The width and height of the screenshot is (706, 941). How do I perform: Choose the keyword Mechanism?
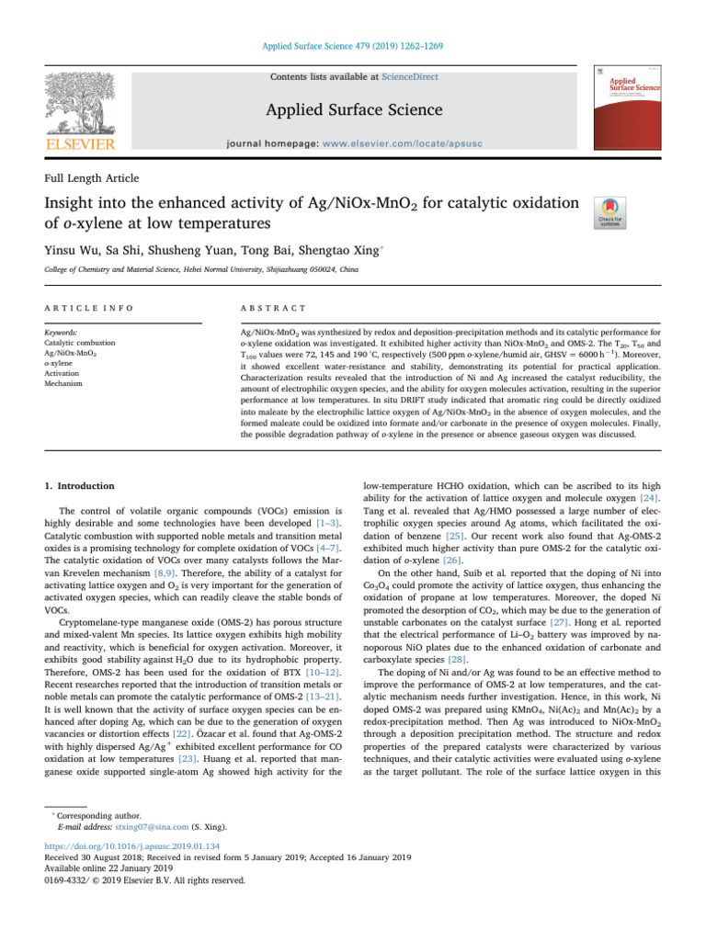tap(63, 383)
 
